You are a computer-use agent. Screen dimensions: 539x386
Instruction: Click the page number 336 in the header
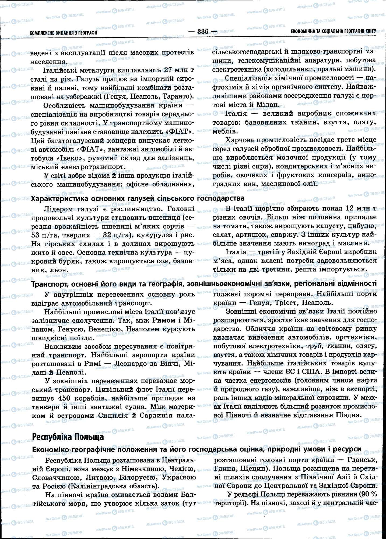(203, 32)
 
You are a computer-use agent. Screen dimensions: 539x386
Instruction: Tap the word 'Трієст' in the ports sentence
(285, 302)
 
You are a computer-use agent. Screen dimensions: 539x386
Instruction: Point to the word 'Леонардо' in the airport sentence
(130, 364)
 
